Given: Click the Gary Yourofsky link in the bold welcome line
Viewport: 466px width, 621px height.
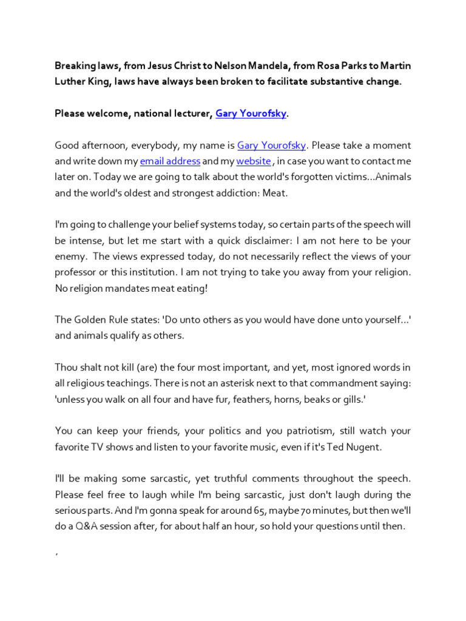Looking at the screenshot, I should (251, 113).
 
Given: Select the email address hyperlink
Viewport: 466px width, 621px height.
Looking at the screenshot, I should (170, 161).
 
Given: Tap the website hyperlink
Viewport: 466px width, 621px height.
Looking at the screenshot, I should (253, 161).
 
